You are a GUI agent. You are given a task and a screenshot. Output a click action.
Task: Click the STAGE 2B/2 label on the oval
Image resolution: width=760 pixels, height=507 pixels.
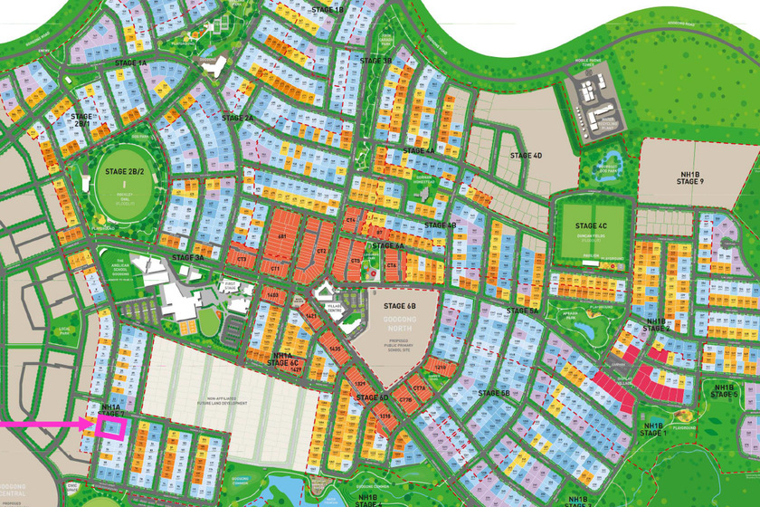[x=122, y=169]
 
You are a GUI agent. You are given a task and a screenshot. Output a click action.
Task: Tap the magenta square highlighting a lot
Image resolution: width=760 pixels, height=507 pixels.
[x=110, y=427]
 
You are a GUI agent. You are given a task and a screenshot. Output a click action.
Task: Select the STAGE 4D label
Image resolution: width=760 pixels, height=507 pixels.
[x=525, y=156]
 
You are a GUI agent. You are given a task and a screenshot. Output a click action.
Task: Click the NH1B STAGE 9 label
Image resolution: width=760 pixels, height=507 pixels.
[x=689, y=177]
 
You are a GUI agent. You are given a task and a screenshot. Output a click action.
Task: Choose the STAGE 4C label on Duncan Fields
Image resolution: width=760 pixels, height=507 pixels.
[x=590, y=226]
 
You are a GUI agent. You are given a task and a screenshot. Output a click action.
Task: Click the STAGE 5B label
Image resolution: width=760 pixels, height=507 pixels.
[x=494, y=393]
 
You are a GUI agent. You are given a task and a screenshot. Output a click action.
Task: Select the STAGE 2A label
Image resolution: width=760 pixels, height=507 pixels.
[x=237, y=118]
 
